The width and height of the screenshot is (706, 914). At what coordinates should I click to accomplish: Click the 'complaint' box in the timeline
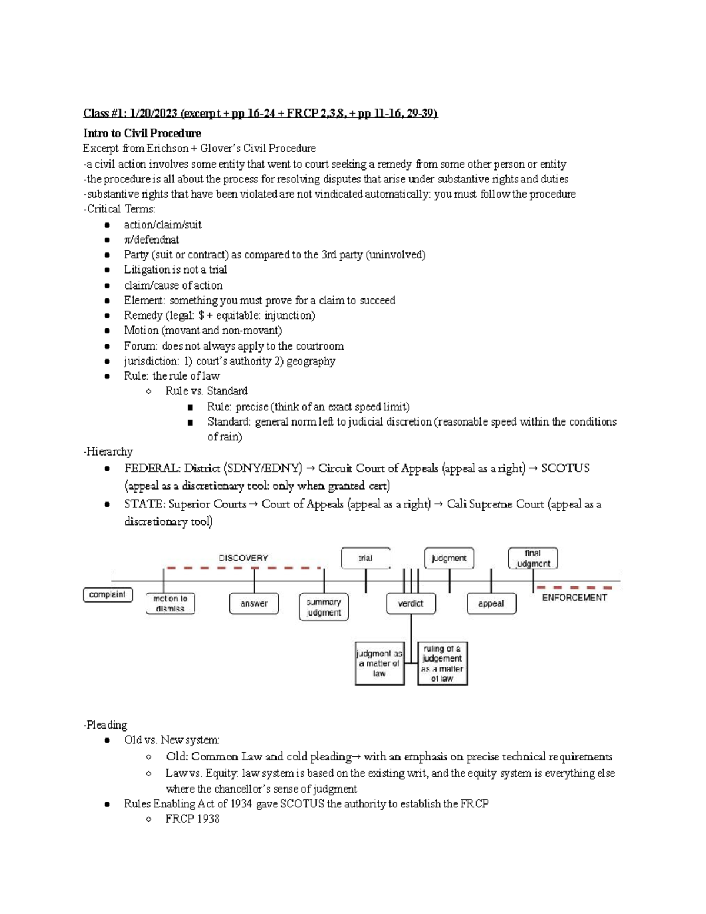pos(108,594)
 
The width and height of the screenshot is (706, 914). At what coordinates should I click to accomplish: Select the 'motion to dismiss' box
pos(170,603)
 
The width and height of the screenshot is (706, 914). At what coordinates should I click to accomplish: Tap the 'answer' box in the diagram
pos(254,603)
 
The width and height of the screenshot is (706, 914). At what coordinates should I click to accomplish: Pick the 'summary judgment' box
pos(324,607)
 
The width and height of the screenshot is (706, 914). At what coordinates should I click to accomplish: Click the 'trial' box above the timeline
pos(365,558)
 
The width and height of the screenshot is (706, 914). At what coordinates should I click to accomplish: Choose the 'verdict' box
pos(410,603)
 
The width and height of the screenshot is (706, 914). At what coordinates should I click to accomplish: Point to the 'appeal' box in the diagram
pos(491,603)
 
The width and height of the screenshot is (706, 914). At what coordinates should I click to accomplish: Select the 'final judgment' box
pos(533,558)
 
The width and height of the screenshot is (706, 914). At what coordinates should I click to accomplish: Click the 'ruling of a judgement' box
pos(442,663)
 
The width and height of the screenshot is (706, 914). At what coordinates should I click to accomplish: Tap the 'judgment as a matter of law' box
pos(379,663)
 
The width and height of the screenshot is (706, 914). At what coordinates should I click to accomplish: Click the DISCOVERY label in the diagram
pos(244,557)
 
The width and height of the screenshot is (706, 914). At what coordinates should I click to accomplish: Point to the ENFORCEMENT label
pos(574,597)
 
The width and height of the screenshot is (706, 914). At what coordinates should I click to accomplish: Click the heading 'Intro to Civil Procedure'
pos(142,133)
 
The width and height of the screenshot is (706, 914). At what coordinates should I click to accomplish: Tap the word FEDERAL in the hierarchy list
pos(151,468)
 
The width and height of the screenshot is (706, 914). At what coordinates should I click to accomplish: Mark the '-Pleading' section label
pos(105,724)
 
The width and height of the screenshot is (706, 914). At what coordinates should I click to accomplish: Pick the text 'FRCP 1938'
pos(192,819)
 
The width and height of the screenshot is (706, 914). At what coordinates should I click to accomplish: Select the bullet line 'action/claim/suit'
pos(162,224)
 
